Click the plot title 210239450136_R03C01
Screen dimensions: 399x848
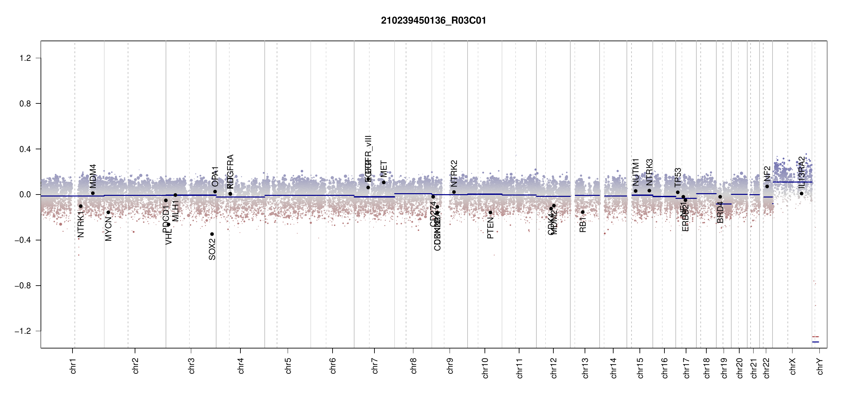tap(433, 21)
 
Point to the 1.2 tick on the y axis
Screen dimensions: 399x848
tap(25, 58)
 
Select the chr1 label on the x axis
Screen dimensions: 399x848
tap(73, 366)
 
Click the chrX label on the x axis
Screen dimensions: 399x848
tap(793, 366)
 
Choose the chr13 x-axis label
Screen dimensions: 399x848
tap(585, 368)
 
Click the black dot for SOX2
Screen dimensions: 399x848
tap(212, 234)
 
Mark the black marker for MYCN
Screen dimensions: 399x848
tap(108, 212)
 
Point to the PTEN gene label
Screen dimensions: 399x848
tap(490, 228)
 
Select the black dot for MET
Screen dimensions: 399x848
tap(383, 182)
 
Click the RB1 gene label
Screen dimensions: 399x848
tap(583, 224)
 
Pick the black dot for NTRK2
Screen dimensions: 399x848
tap(454, 192)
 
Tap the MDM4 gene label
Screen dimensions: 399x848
tap(93, 176)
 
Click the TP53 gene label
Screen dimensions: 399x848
tap(678, 178)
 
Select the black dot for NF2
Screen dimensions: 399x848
tap(767, 187)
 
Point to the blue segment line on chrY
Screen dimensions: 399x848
tap(815, 342)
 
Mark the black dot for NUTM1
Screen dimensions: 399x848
tap(636, 191)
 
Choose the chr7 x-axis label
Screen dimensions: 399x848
tap(375, 366)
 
